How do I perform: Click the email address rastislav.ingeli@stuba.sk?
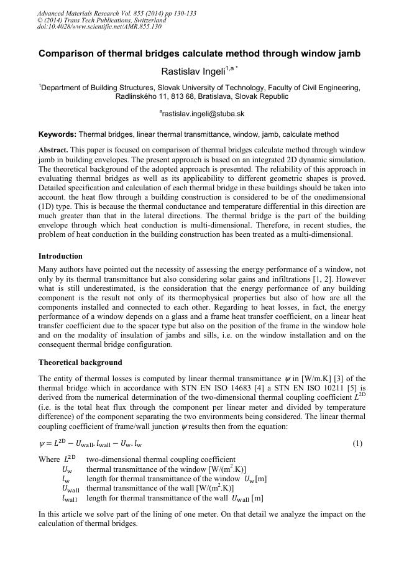click(203, 114)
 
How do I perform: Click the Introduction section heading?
click(60, 256)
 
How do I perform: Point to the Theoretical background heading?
click(80, 362)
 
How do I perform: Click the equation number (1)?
click(357, 443)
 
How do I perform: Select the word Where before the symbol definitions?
click(49, 459)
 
